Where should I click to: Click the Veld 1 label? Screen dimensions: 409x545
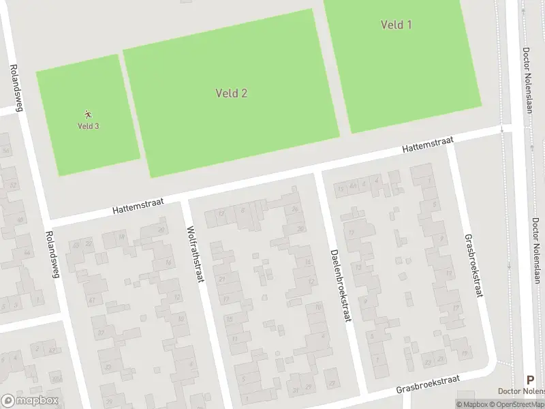(x=396, y=25)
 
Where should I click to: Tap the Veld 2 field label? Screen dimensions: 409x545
(x=231, y=93)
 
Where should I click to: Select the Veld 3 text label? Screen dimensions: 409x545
(x=88, y=126)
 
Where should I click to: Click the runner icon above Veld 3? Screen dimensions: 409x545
(x=88, y=115)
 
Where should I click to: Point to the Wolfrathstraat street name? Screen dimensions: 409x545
(x=194, y=255)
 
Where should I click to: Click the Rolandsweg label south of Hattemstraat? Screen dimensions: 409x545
(x=50, y=255)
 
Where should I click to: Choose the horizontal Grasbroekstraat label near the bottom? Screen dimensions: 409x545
(x=428, y=383)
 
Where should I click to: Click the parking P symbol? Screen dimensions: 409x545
(x=530, y=380)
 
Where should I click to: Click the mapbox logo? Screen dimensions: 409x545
(x=29, y=401)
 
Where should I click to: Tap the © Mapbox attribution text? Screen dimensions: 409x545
(x=473, y=404)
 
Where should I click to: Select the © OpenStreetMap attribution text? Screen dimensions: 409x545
(x=519, y=404)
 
